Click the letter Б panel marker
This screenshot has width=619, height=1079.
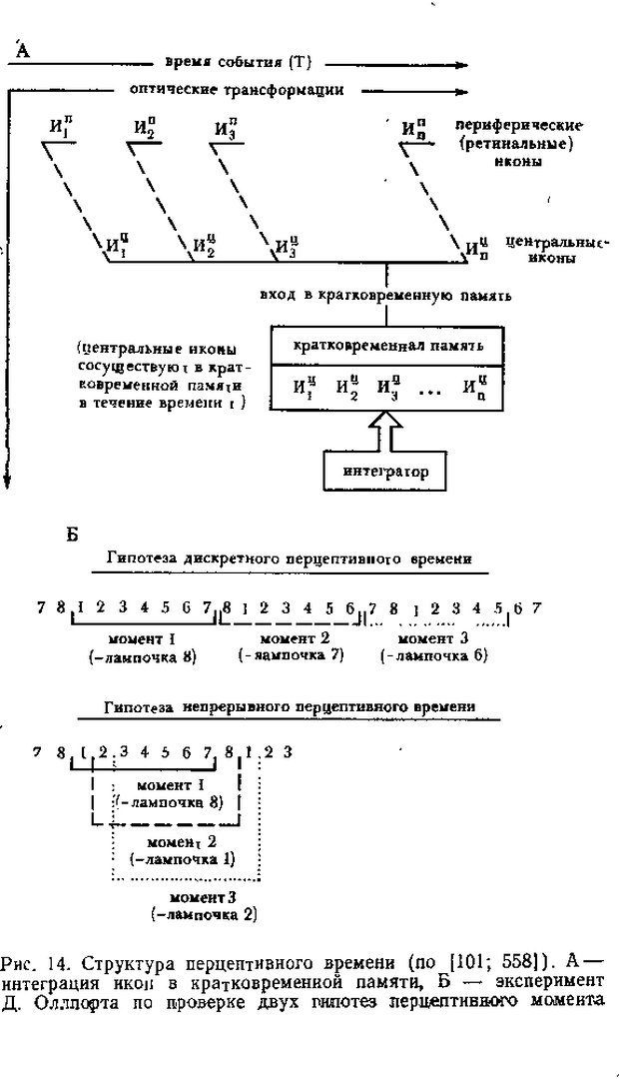click(x=72, y=535)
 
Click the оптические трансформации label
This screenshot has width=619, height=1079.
click(x=237, y=89)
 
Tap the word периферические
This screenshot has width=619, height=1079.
click(x=518, y=127)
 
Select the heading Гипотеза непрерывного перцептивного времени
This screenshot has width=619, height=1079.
click(x=290, y=706)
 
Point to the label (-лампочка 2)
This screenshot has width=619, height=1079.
click(x=203, y=913)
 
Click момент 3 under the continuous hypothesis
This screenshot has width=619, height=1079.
click(x=202, y=896)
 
